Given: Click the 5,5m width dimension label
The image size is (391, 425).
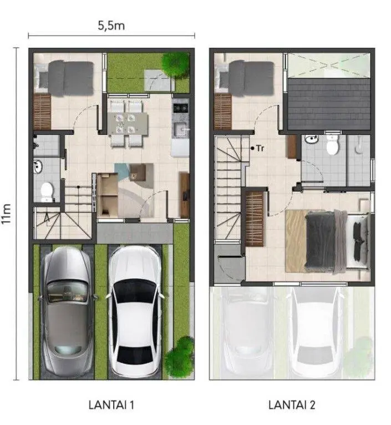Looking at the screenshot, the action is tap(111, 26).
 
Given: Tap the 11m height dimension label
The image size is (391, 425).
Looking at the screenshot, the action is tap(6, 214).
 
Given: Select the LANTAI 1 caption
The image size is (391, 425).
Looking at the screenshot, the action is tap(111, 405).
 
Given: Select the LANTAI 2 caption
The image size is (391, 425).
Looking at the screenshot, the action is tap(292, 405).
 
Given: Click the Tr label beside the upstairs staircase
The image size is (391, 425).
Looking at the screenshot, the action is tap(260, 148).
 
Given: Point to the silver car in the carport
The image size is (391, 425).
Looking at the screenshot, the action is tap(67, 312).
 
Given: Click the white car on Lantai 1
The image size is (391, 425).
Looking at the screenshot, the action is tap(135, 312).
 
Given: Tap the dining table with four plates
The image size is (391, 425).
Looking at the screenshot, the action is tap(128, 124).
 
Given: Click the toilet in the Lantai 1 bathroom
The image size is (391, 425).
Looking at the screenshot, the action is tap(47, 192).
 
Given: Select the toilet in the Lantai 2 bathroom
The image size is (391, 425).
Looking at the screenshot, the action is tap(332, 144).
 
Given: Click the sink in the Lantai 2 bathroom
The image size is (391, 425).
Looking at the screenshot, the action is tap(312, 139).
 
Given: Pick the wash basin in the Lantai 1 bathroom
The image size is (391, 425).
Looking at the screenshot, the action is tap(38, 166).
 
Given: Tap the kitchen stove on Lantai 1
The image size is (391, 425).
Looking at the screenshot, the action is tap(180, 108).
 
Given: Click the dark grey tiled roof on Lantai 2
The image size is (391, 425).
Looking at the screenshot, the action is tap(329, 104).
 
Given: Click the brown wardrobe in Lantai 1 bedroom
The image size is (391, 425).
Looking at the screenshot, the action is tap(42, 112).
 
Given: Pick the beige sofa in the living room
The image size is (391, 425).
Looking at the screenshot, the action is tap(108, 195).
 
